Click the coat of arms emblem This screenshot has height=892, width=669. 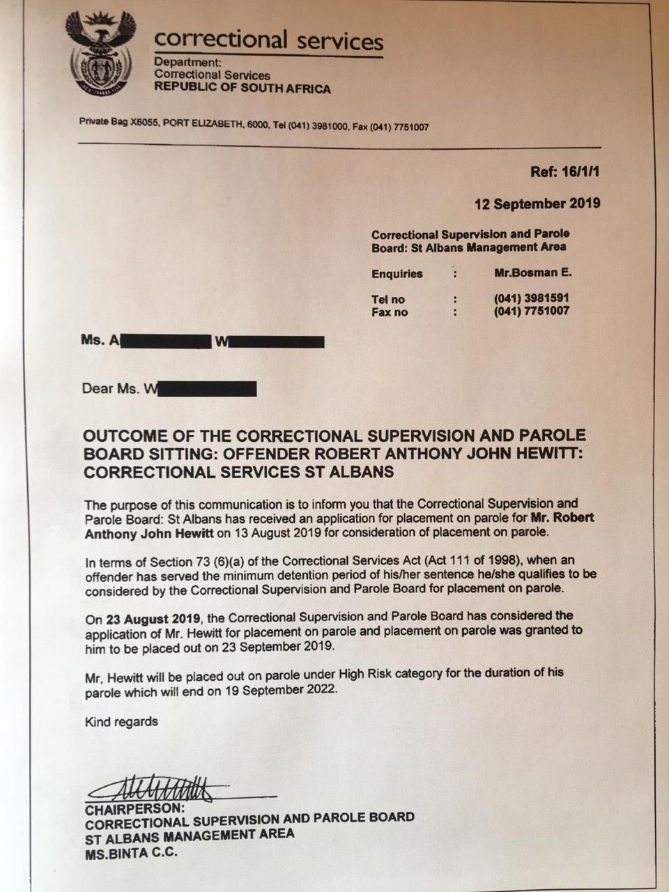pos(100,54)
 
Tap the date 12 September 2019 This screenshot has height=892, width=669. pos(537,203)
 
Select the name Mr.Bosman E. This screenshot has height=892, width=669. pos(532,272)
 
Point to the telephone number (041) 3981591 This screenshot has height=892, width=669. pos(531,298)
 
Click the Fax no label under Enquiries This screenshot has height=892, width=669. pos(390,312)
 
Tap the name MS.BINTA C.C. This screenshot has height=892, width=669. pos(132,852)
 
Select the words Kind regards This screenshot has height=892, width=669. pos(121,721)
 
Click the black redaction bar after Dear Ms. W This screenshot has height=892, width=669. pos(207,388)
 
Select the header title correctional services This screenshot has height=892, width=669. pos(268,40)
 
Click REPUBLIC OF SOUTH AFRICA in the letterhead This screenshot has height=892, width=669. pos(242,89)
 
